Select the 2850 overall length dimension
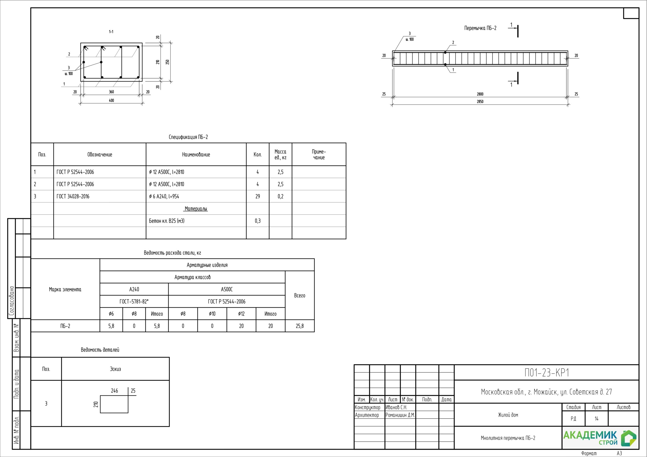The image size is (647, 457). (x=480, y=102)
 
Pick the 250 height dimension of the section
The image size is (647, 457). (x=167, y=62)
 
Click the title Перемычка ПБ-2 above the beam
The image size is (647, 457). (x=480, y=28)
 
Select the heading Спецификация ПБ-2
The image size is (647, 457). (x=188, y=137)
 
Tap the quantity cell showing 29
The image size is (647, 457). (x=258, y=196)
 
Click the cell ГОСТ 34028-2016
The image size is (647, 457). (x=73, y=196)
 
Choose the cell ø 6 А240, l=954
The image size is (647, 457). (x=164, y=196)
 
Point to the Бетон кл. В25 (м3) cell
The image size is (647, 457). (x=167, y=221)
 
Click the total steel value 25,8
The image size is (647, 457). (x=300, y=326)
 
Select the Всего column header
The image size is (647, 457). (x=299, y=296)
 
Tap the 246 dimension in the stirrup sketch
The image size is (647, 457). (x=114, y=391)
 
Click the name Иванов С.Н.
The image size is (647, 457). (x=396, y=408)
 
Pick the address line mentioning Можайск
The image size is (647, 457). (x=546, y=392)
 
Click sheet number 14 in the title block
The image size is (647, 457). (x=596, y=419)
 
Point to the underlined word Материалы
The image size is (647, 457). (x=196, y=209)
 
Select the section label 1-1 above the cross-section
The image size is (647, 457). (x=111, y=32)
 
